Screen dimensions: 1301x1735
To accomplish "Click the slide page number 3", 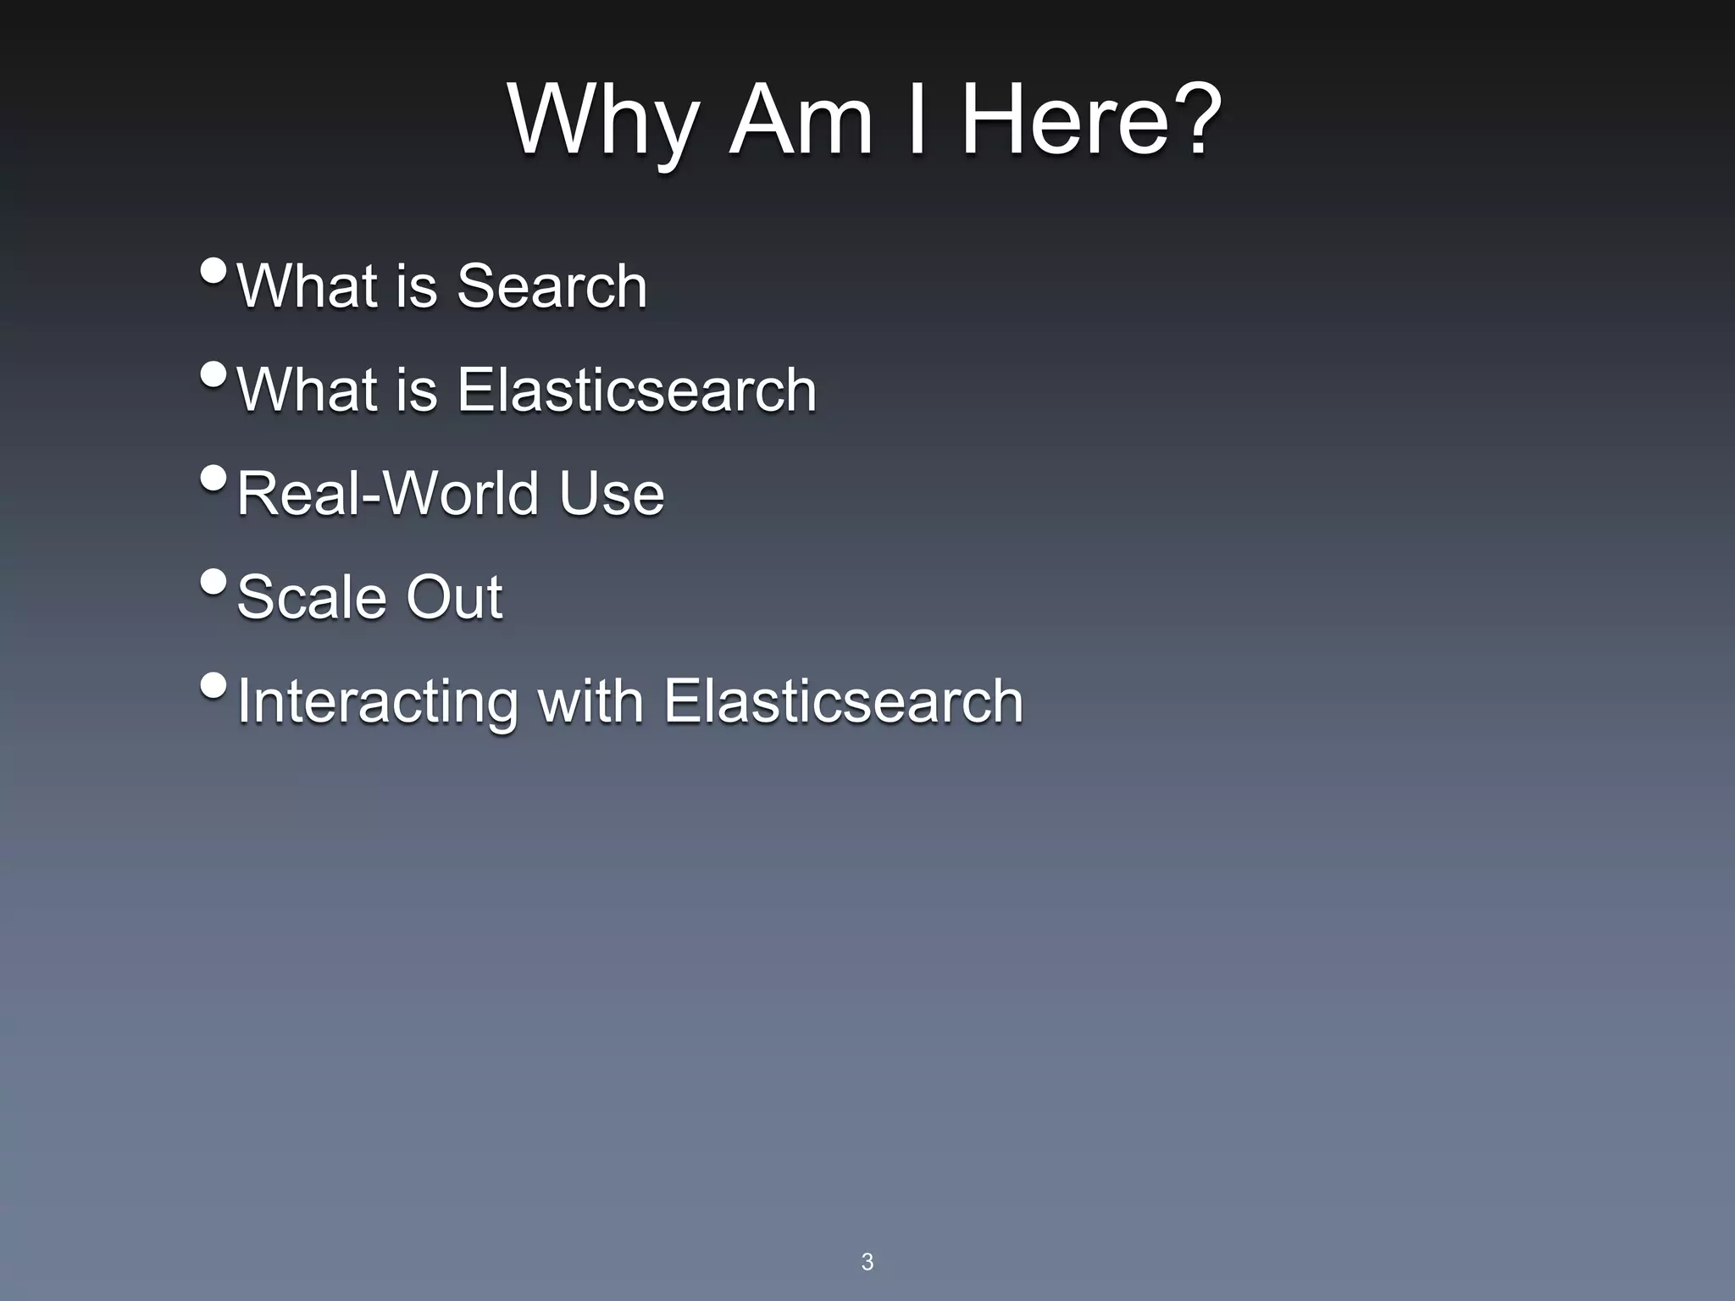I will [867, 1261].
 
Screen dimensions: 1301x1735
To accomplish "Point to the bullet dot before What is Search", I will [214, 271].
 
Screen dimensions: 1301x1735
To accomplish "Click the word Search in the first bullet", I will [552, 285].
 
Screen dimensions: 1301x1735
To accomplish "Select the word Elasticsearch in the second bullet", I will [636, 390].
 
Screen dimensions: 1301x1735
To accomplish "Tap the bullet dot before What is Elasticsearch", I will [214, 374].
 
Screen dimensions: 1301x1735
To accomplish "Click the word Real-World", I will [387, 493].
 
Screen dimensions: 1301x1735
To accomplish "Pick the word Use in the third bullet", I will [611, 493].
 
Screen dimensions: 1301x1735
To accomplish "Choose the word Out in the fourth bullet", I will [454, 597].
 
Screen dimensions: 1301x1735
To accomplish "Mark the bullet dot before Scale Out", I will [214, 582].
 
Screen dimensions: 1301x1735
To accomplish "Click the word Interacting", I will [377, 701].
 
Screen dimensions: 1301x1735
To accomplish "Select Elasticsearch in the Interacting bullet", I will [843, 701].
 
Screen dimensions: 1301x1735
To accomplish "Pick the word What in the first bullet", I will [308, 285].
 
